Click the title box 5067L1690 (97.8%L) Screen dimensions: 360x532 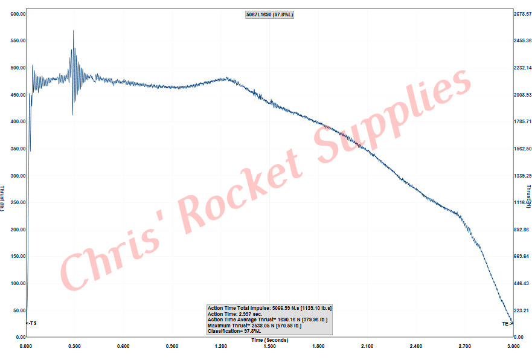[269, 14]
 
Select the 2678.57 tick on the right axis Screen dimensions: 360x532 [522, 14]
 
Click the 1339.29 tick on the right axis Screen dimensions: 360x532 [522, 176]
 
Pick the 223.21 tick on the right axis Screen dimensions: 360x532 [522, 310]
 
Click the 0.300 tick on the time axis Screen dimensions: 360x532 [74, 346]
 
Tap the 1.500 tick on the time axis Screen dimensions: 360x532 [269, 346]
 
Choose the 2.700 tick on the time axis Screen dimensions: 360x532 [464, 346]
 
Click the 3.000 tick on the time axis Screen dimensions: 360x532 [513, 346]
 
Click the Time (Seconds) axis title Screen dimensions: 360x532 [269, 340]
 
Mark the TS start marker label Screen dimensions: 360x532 [31, 324]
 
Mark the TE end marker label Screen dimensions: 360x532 [507, 324]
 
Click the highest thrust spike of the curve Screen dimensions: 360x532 [74, 31]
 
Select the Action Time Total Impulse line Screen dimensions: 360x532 [269, 308]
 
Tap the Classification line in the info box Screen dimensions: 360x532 [235, 331]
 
